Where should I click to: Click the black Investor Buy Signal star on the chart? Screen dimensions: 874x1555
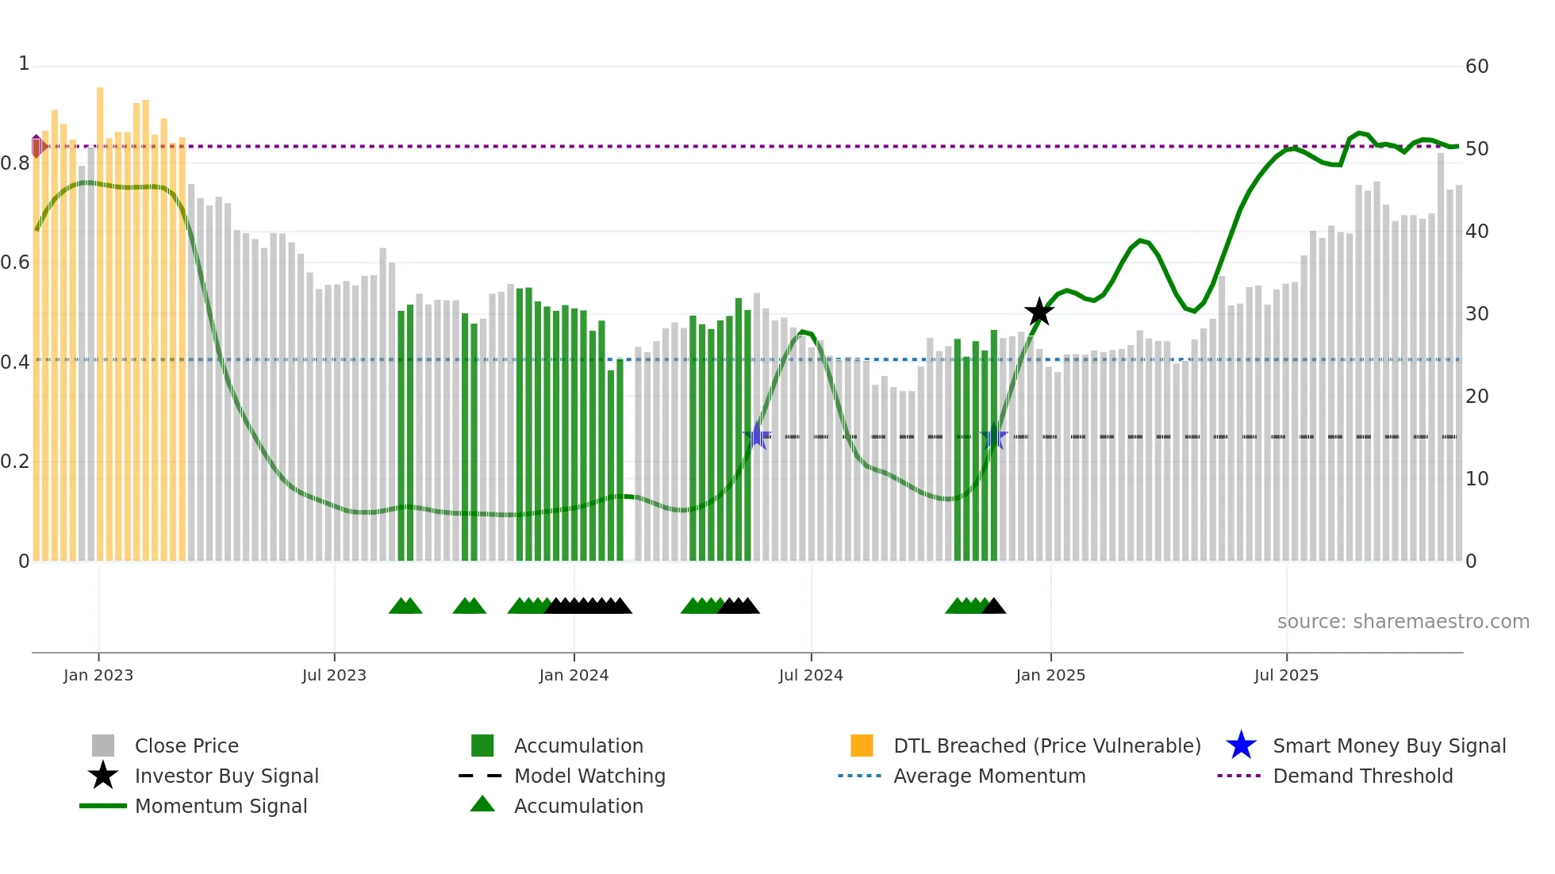click(x=1039, y=312)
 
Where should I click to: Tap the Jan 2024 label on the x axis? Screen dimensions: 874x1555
click(x=574, y=675)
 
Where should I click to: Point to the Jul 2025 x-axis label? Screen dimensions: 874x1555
click(x=1286, y=675)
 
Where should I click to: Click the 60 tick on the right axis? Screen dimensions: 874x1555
click(x=1476, y=67)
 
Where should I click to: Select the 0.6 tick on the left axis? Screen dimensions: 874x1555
click(x=16, y=263)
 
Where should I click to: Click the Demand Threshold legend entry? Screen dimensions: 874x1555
click(x=1362, y=776)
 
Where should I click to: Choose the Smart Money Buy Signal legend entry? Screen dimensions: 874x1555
click(x=1388, y=746)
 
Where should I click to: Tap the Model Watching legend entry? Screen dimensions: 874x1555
click(x=589, y=776)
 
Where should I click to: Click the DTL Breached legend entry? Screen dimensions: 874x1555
click(x=1046, y=746)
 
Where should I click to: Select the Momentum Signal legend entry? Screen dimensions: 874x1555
click(x=221, y=806)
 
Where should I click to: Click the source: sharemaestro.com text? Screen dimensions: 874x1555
click(x=1403, y=621)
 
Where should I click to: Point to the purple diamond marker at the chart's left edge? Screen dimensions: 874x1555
click(x=37, y=146)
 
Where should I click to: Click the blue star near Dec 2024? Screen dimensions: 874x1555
click(x=993, y=436)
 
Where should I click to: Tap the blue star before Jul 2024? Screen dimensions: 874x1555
click(x=757, y=435)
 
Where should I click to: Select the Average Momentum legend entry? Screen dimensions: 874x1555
click(x=989, y=776)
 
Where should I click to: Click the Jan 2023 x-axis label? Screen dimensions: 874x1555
click(x=98, y=675)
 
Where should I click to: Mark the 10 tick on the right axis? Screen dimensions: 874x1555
click(x=1476, y=479)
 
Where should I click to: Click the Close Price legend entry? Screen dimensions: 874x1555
click(x=186, y=746)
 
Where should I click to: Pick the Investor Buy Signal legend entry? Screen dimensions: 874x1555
click(x=226, y=776)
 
